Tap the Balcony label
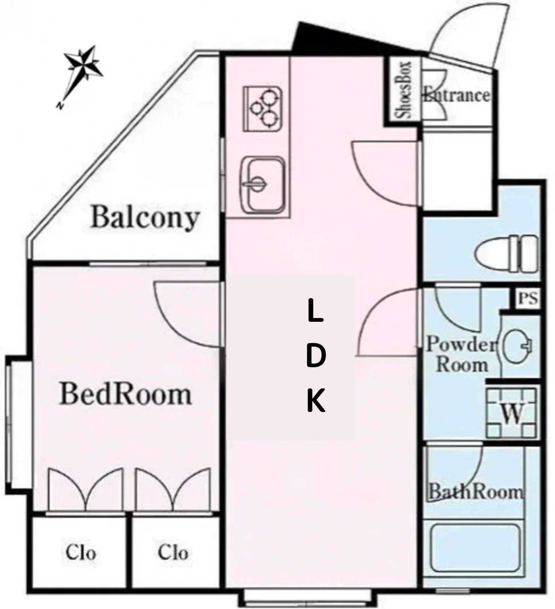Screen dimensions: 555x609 [x=145, y=218]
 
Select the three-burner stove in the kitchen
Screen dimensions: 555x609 [x=262, y=109]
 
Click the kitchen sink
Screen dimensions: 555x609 [x=262, y=185]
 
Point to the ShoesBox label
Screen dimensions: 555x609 [x=403, y=90]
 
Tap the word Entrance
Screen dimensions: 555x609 [x=457, y=95]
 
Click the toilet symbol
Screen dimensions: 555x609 [x=506, y=254]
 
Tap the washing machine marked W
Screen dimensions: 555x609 [x=512, y=412]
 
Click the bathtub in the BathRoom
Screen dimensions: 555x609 [x=475, y=548]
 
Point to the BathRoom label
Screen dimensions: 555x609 [x=476, y=492]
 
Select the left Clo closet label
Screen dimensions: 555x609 [x=80, y=553]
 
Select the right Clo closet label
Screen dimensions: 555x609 [x=173, y=553]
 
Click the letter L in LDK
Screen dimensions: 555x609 [x=315, y=311]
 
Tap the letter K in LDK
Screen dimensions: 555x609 [x=316, y=401]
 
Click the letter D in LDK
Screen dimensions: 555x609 [x=315, y=356]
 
